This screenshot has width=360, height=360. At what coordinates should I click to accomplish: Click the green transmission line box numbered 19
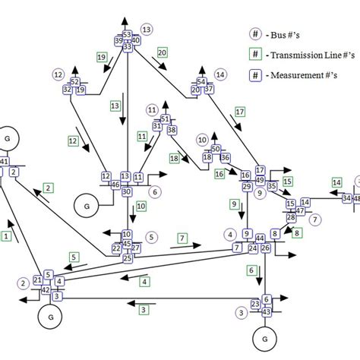(101, 57)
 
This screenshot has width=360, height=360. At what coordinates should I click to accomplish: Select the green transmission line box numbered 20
(162, 52)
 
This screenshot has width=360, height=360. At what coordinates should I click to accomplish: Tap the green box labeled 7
(182, 238)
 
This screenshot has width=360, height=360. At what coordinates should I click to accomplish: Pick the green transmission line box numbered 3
(142, 308)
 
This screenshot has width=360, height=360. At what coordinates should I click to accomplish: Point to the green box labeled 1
(7, 237)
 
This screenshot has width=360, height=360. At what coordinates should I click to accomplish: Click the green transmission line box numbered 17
(240, 112)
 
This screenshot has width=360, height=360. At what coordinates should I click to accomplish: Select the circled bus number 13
(147, 29)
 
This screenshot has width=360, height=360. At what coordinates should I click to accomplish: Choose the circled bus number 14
(220, 74)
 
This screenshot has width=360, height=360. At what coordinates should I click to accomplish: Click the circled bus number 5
(151, 237)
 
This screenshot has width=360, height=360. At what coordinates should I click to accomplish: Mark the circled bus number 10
(202, 140)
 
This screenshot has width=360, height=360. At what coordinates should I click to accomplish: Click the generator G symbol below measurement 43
(265, 337)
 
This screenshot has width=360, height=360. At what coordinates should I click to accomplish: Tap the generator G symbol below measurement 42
(50, 315)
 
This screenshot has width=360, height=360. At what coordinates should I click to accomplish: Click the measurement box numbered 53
(127, 34)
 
